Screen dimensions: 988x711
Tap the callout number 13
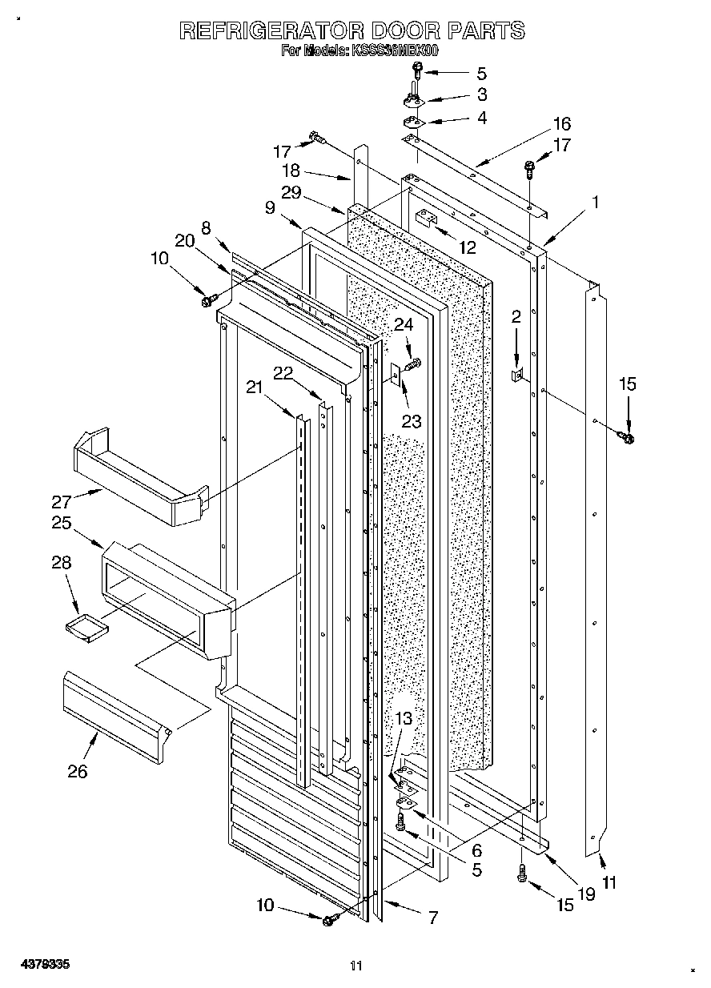click(x=404, y=719)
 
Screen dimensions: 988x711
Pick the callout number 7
click(x=432, y=918)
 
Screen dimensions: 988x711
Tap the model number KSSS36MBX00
click(x=392, y=50)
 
